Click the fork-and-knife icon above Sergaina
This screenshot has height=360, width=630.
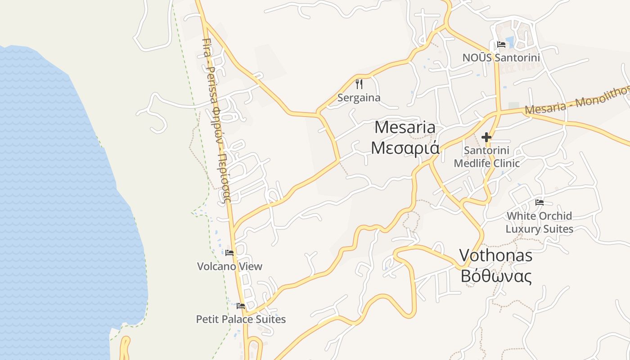click(359, 84)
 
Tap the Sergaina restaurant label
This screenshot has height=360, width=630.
click(359, 98)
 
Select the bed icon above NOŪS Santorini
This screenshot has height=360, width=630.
click(501, 45)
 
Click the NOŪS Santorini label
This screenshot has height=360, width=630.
click(501, 58)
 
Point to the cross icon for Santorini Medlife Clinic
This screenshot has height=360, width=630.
click(486, 137)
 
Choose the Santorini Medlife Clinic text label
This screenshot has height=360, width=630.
click(486, 157)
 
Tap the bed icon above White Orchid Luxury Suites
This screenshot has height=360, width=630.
click(540, 202)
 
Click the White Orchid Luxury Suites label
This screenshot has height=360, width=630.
click(540, 222)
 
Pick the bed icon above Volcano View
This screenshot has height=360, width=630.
click(229, 253)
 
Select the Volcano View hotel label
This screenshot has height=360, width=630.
click(229, 266)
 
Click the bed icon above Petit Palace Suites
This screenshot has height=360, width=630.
click(241, 306)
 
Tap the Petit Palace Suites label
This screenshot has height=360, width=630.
click(241, 319)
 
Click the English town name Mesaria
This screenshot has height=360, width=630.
click(405, 127)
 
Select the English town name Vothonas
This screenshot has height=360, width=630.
click(495, 256)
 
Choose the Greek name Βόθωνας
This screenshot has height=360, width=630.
click(495, 275)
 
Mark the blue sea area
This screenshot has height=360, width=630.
click(54, 202)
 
